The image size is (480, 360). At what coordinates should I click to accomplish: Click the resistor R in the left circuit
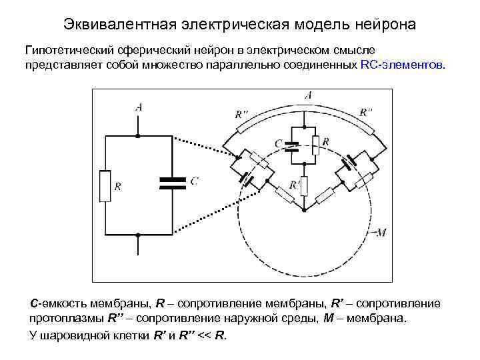pos(104,185)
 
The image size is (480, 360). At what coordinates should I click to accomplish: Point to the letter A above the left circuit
pos(138,107)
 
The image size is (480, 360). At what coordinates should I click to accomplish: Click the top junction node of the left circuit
pos(138,136)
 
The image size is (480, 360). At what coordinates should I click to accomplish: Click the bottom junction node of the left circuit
pos(138,235)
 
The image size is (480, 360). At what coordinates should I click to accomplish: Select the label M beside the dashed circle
pos(381,233)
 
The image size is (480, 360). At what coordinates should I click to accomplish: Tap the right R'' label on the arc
pos(365,111)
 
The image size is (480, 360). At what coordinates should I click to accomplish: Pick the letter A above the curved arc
pos(307,96)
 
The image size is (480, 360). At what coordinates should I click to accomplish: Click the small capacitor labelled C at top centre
pos(291,146)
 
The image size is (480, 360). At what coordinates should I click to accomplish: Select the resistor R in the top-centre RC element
pos(316,143)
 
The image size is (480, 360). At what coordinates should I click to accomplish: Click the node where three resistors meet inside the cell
pos(304,213)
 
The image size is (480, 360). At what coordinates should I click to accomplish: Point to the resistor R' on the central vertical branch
pos(304,185)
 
